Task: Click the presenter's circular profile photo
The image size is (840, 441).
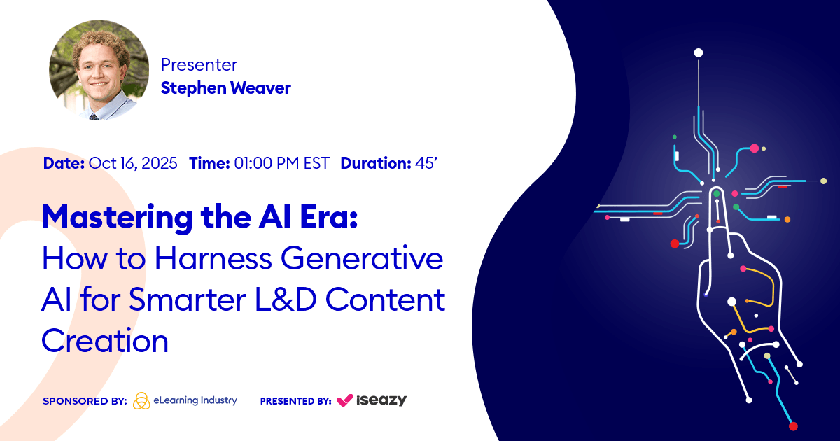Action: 99,70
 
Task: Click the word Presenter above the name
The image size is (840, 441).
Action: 199,65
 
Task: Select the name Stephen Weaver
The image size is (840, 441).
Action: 225,87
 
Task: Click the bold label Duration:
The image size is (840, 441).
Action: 375,163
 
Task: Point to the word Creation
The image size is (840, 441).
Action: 105,341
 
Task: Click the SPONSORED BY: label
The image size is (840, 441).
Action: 85,401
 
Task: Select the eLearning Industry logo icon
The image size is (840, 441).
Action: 141,400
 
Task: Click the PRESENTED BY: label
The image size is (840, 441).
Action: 295,401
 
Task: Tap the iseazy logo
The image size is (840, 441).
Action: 372,400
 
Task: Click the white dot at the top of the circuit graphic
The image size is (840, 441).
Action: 698,52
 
